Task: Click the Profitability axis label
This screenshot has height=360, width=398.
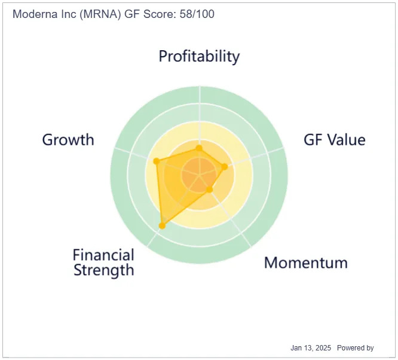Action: (199, 56)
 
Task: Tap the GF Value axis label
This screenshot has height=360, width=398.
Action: (335, 140)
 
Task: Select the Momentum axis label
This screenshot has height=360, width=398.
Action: (306, 263)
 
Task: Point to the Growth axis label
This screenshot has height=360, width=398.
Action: (68, 140)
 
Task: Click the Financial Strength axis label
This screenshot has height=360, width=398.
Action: (103, 263)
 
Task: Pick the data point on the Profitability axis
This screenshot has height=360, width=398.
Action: (199, 148)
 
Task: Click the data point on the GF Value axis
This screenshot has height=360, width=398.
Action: (225, 167)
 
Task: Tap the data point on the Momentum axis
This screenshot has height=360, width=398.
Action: (209, 190)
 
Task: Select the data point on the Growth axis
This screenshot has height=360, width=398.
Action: (157, 161)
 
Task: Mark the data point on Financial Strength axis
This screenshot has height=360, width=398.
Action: (162, 225)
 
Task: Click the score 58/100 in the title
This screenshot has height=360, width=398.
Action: (197, 14)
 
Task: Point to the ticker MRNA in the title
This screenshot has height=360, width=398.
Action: (100, 14)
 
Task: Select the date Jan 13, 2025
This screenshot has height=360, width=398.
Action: (311, 348)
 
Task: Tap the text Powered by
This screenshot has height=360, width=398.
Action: (356, 348)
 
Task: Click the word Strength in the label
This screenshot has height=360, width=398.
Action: (104, 270)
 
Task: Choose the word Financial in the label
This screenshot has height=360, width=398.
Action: (103, 255)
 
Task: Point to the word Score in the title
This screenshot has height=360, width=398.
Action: (160, 14)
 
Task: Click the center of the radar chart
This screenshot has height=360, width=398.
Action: (200, 175)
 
